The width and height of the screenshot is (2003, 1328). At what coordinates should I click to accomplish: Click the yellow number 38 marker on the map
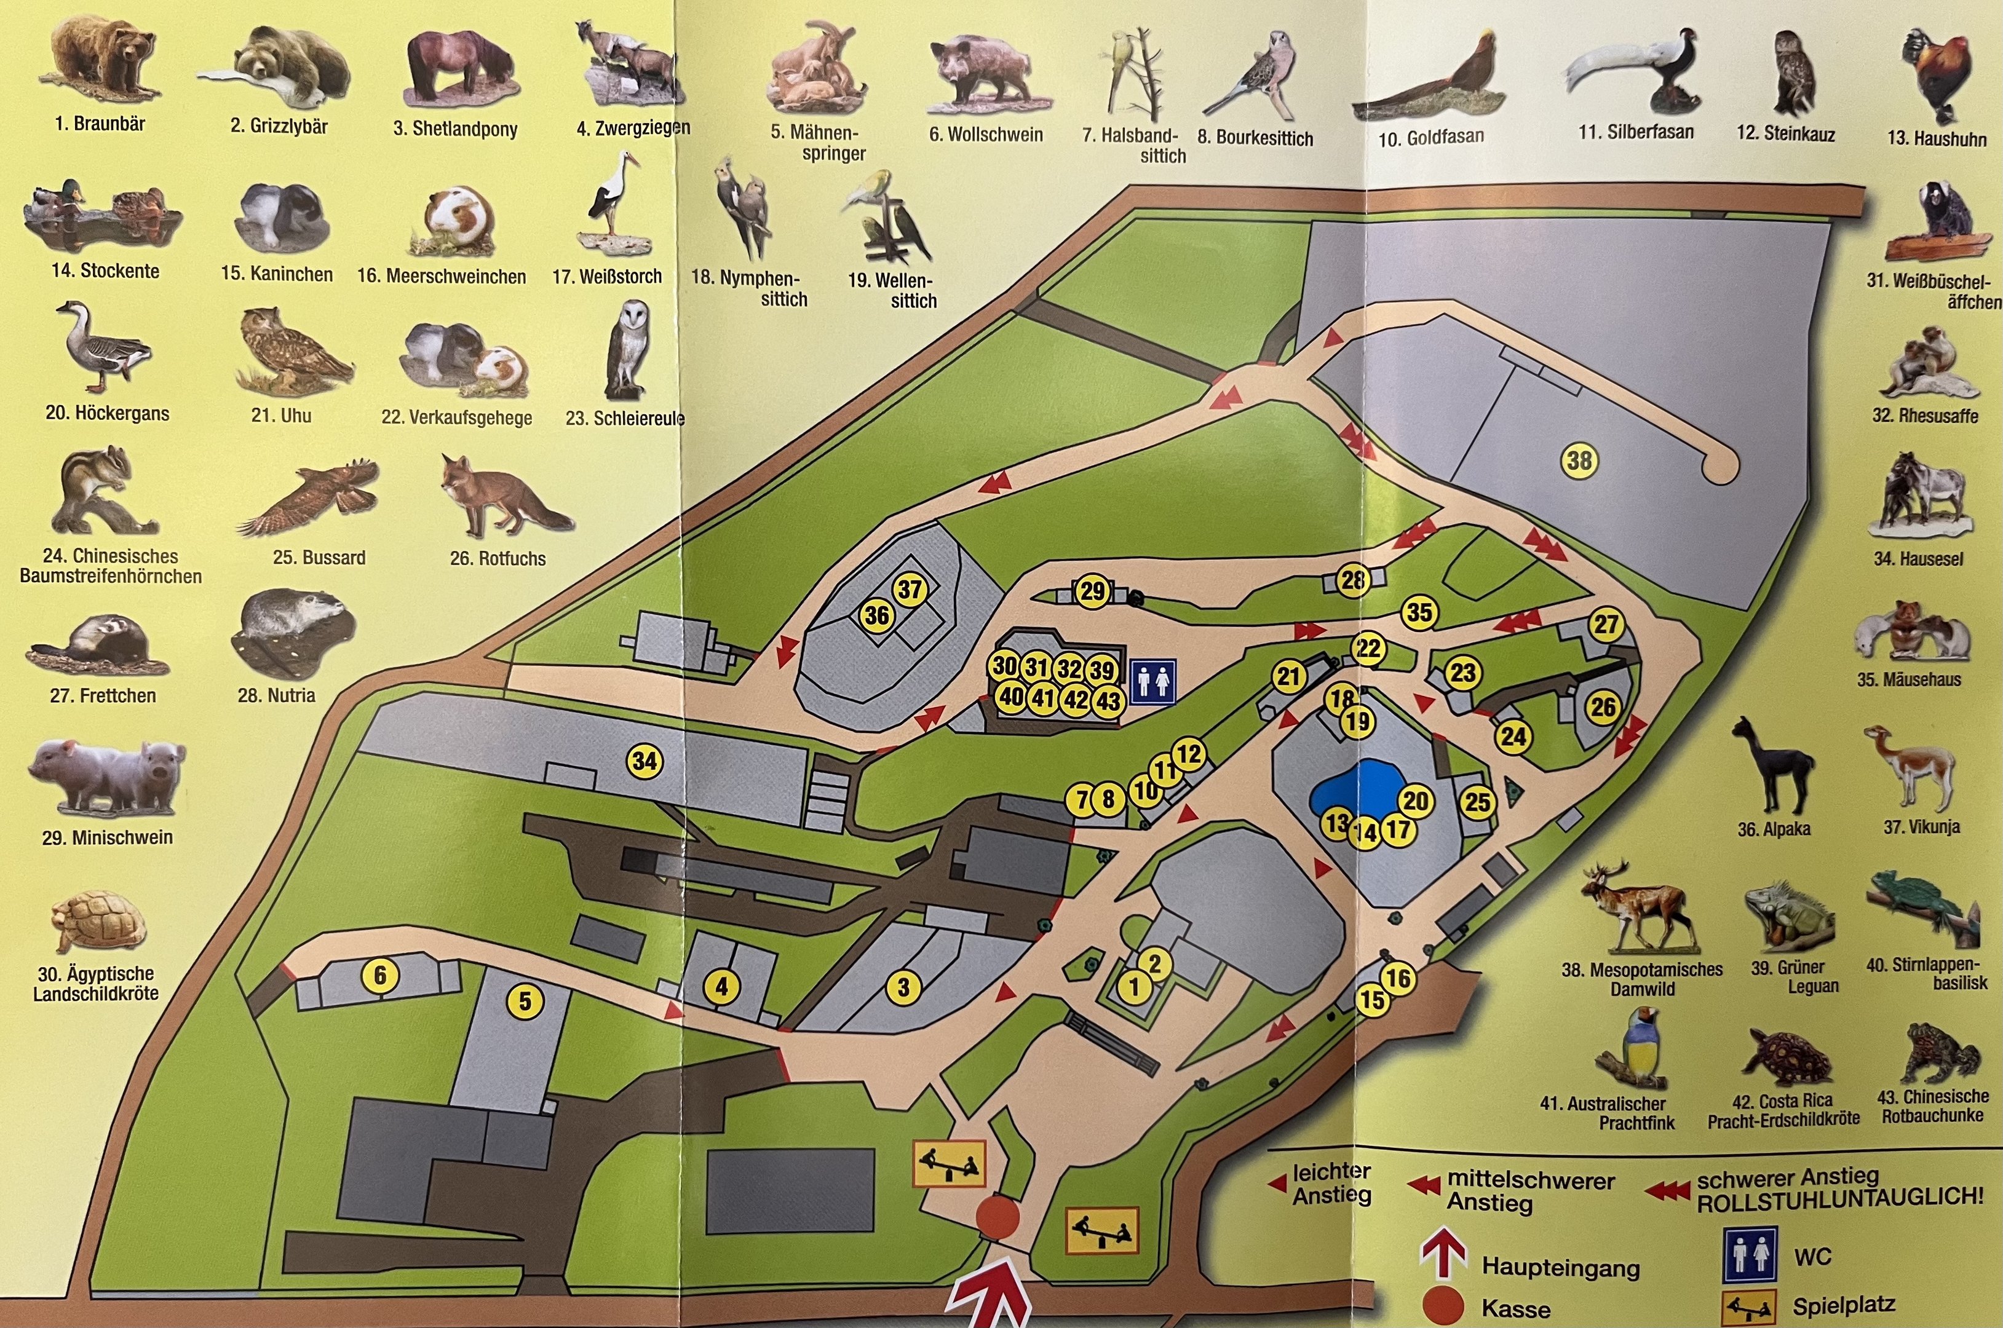(1579, 460)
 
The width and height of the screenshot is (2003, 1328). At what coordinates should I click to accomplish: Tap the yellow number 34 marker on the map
(645, 761)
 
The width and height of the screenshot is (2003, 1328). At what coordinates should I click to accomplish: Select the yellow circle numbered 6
(380, 976)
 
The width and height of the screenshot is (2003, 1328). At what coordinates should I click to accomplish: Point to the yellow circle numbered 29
(1093, 591)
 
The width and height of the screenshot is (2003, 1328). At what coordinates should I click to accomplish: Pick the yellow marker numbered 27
(1606, 625)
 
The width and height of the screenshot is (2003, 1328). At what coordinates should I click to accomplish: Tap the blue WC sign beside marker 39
(1152, 681)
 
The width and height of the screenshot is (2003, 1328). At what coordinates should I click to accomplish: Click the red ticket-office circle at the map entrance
(997, 1216)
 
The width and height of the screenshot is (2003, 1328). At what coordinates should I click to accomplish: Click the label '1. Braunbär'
(100, 124)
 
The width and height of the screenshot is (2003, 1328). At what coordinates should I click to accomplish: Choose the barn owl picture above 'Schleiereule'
(627, 352)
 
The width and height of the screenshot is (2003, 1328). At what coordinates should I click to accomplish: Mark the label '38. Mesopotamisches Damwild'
(1642, 979)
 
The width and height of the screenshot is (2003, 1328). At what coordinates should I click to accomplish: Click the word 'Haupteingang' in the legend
(1560, 1267)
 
